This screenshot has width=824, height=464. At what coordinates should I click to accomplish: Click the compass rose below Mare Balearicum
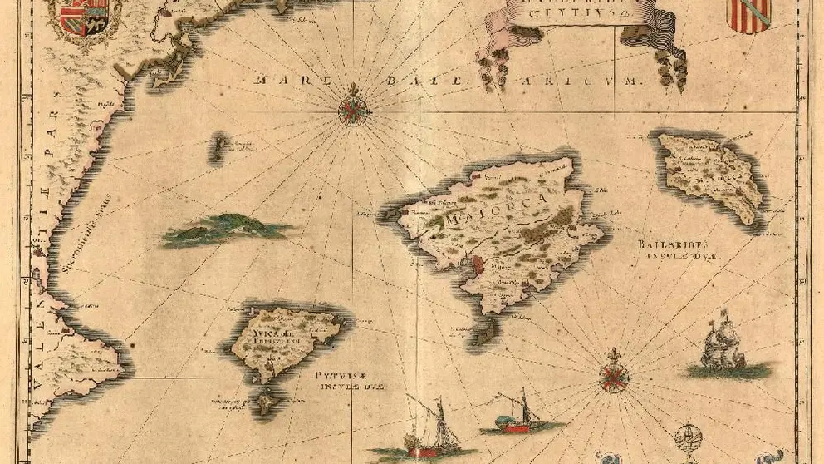[355, 108]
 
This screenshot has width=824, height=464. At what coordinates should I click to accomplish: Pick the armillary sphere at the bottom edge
[689, 438]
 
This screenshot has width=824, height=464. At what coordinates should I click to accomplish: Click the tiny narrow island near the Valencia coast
[218, 147]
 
